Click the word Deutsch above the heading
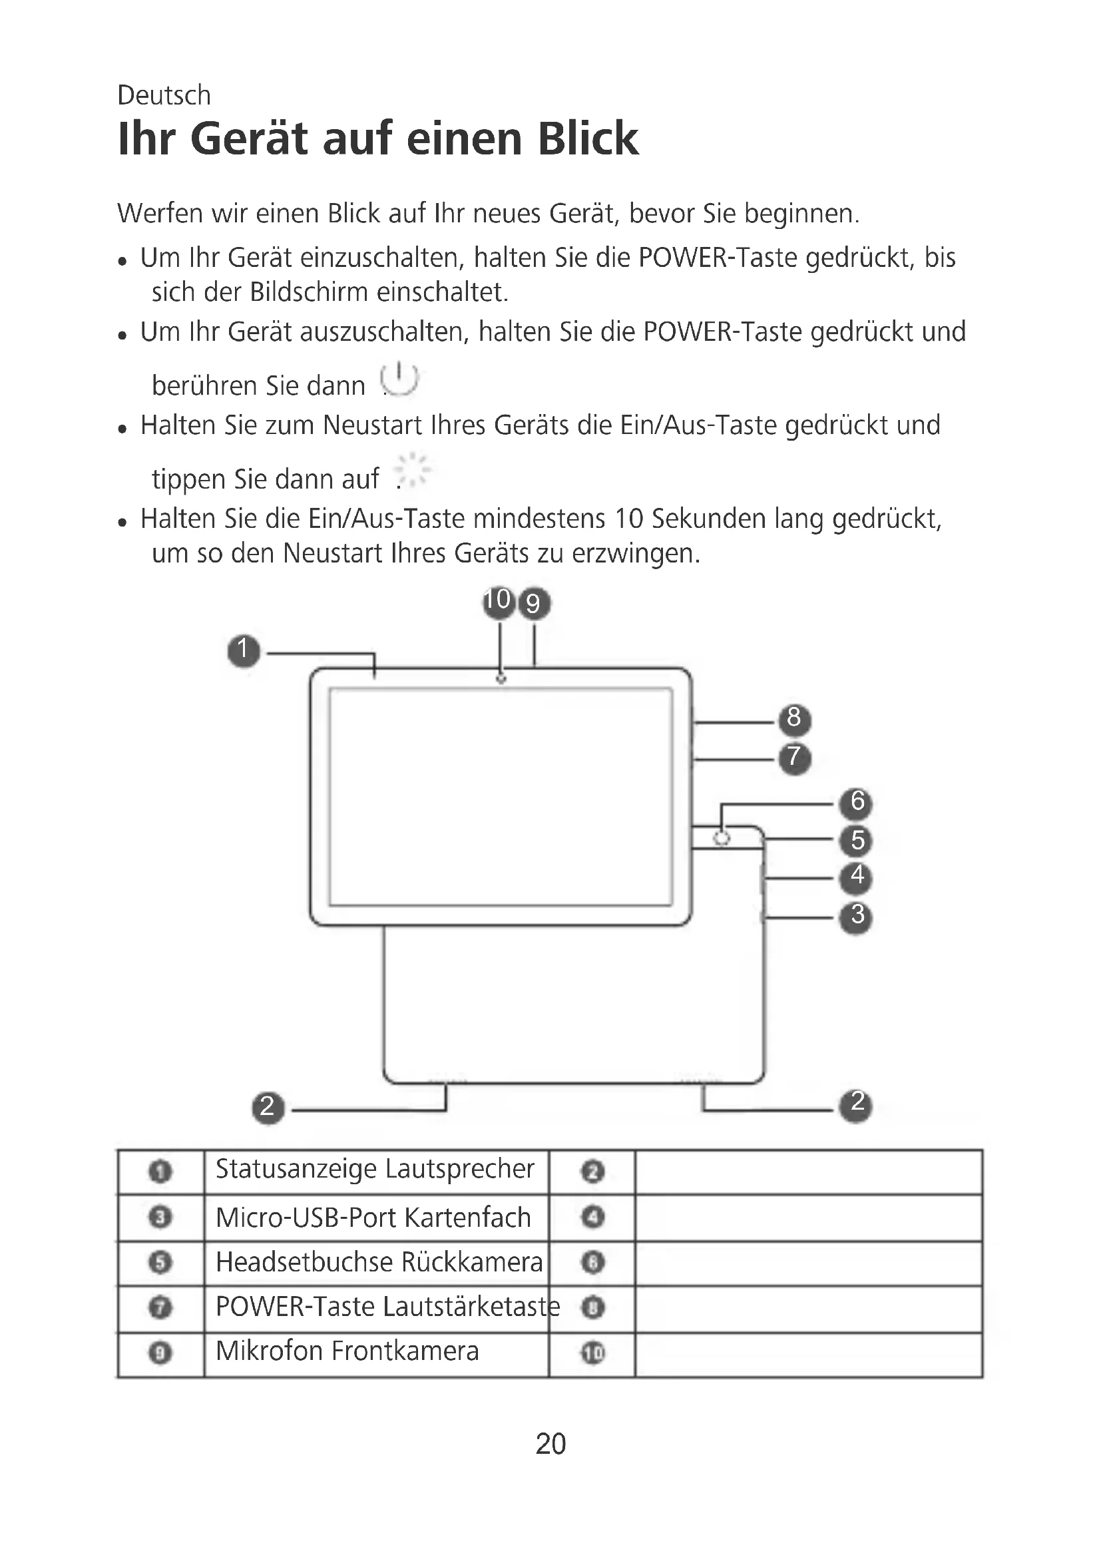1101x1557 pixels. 164,96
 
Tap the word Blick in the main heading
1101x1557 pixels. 588,139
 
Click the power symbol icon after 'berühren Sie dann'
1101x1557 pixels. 400,379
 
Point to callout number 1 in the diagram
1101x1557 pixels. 244,651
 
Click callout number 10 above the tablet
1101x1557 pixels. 499,601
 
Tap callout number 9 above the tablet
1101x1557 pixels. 535,604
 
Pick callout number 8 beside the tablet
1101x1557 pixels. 794,719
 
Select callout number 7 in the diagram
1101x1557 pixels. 794,758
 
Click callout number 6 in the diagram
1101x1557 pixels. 857,803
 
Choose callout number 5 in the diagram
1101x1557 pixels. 857,841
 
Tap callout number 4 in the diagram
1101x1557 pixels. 857,877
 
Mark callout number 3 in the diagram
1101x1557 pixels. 857,916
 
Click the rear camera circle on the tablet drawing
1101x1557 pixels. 723,839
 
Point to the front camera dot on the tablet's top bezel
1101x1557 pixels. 501,679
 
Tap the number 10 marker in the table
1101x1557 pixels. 592,1353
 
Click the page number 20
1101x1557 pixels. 550,1444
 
